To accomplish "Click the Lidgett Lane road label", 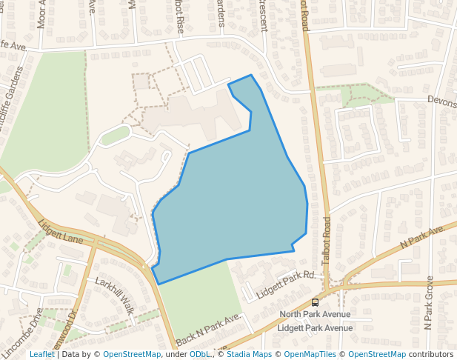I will tap(61, 229).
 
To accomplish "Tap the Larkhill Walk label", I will tap(114, 294).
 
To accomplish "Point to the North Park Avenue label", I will tap(315, 315).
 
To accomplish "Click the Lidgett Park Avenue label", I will tap(315, 327).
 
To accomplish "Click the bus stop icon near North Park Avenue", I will tap(315, 302).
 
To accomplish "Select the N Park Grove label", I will tap(428, 302).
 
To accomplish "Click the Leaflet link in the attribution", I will tap(41, 354).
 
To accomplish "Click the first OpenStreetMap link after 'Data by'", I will tap(132, 354).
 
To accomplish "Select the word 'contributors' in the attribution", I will tap(431, 354).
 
